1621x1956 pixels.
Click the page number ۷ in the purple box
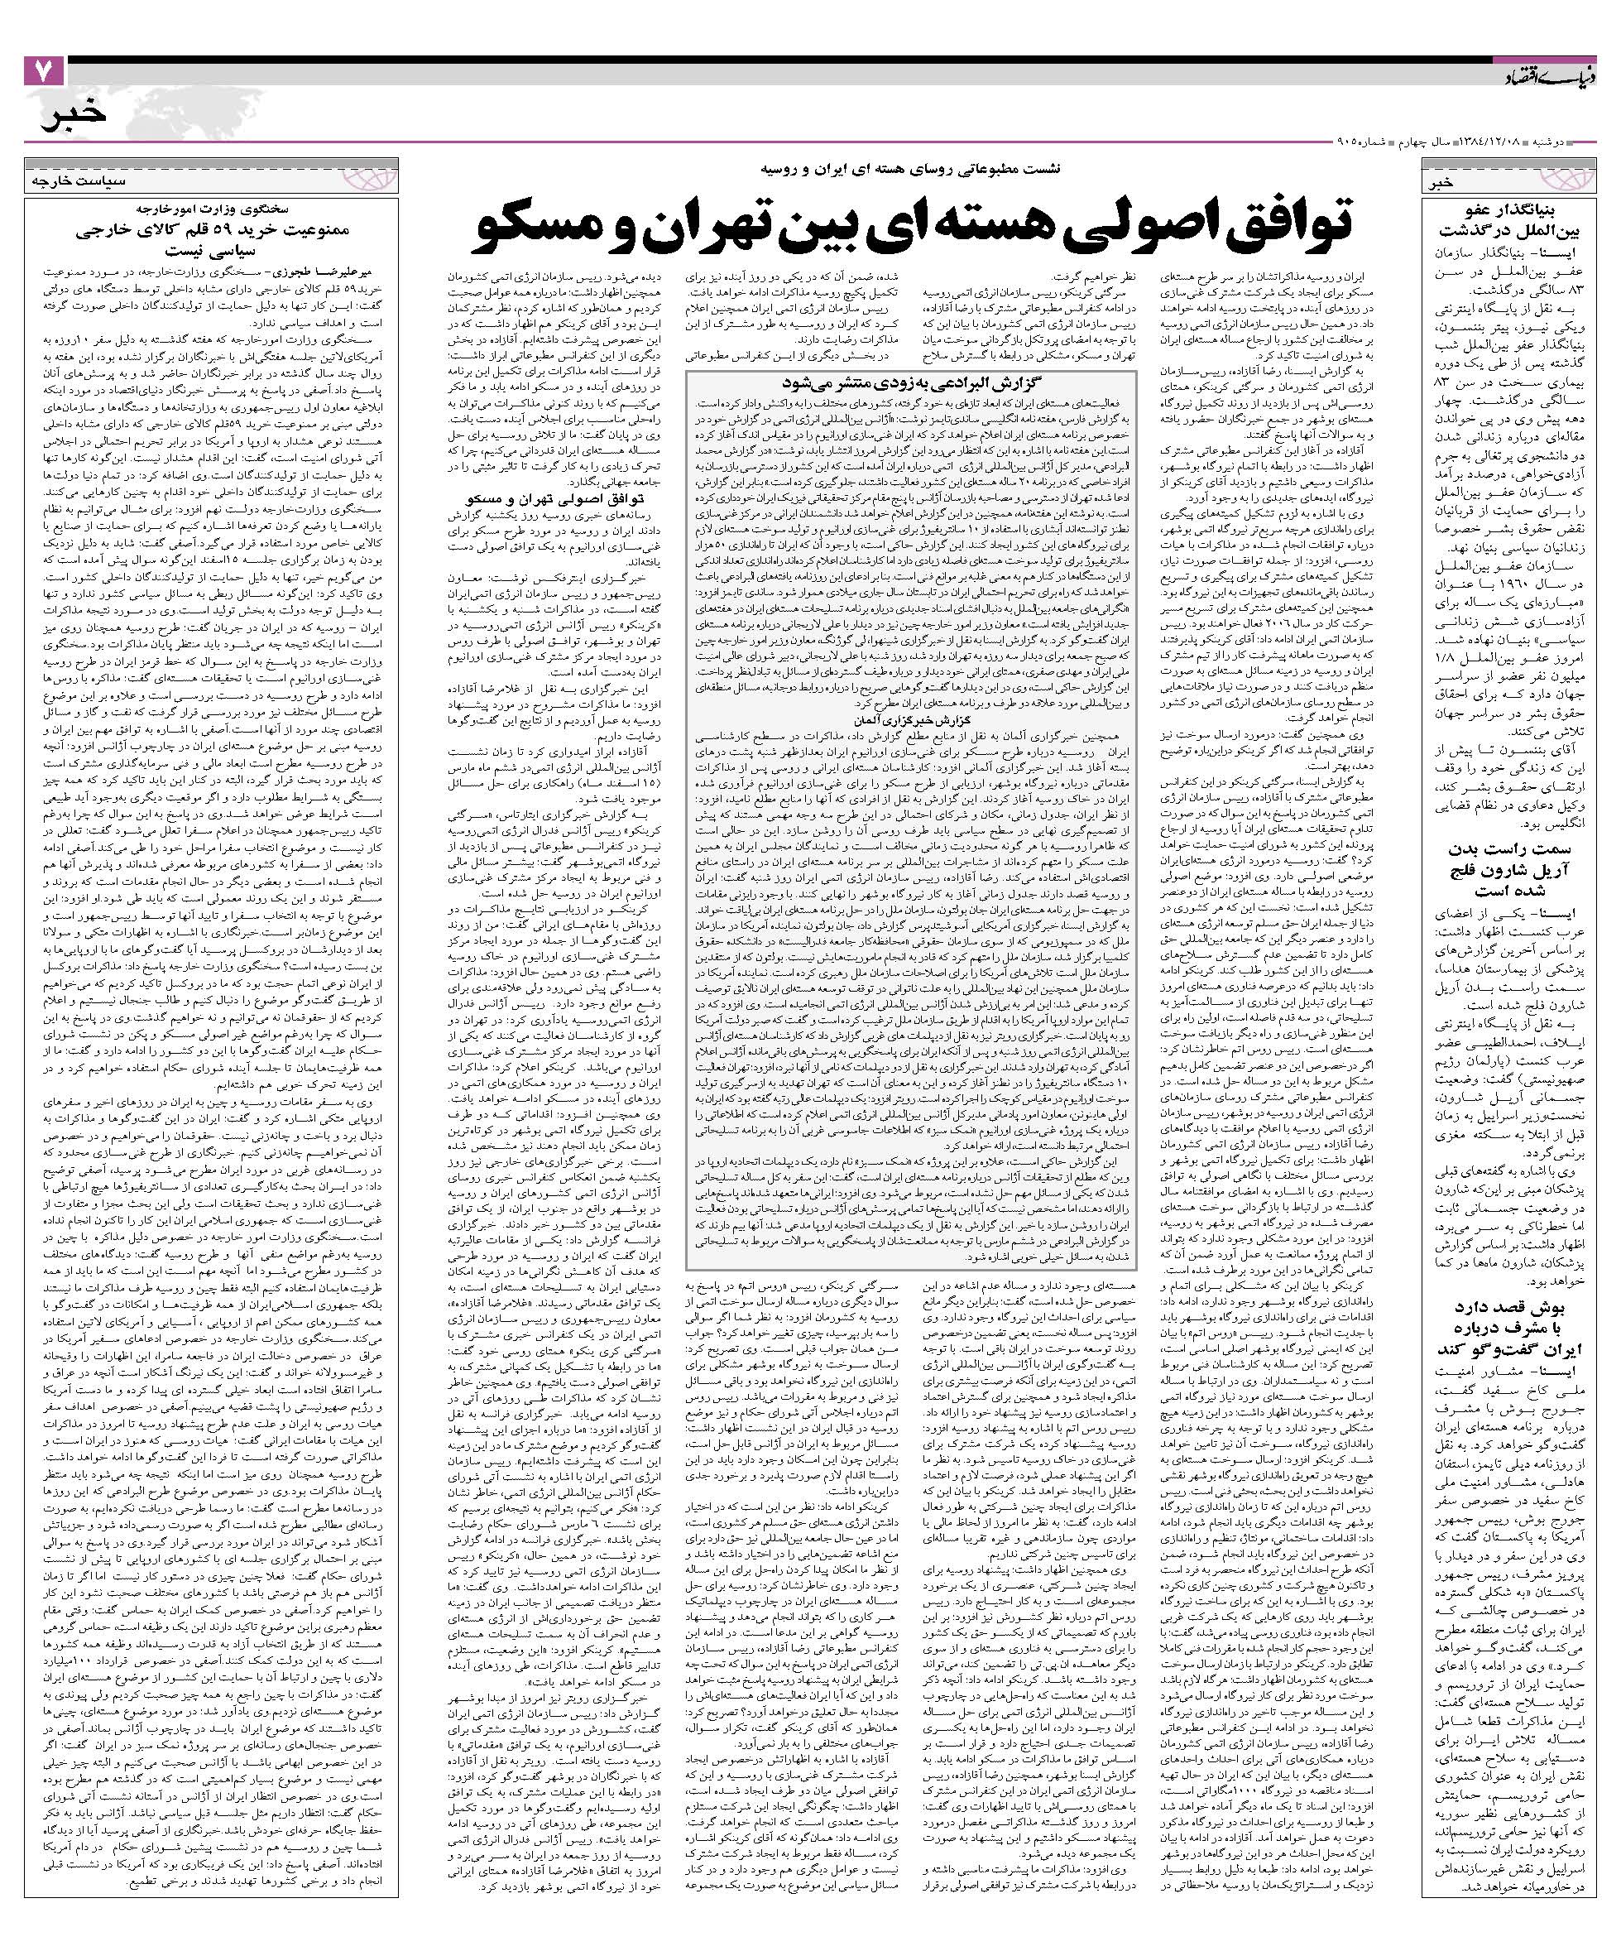[x=43, y=73]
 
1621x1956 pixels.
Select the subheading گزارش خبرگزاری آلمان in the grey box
[x=909, y=720]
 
